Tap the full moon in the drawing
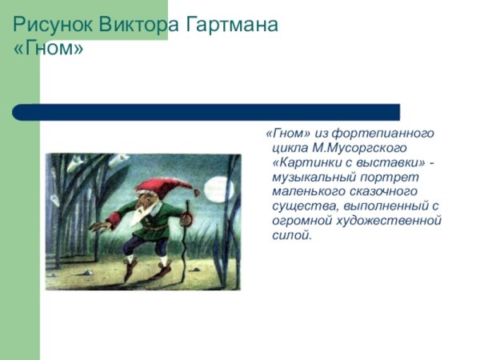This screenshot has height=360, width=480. coord(218,189)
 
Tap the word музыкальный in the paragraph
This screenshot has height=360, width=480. coord(314,177)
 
